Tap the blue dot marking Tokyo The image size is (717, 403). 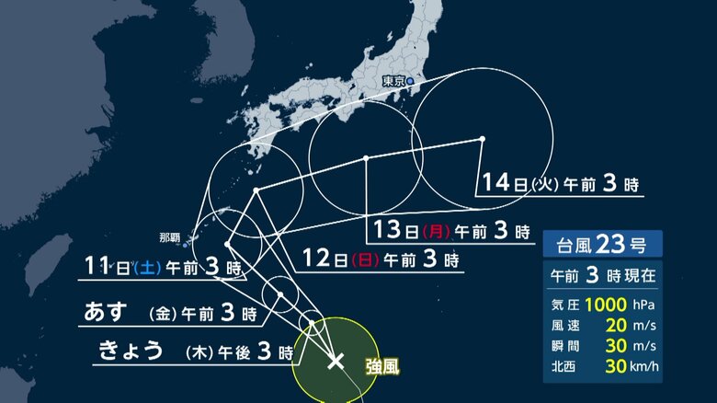click(x=411, y=82)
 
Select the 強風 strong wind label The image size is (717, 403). click(x=383, y=367)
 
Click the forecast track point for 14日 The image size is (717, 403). click(x=483, y=140)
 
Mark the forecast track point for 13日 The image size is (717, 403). click(x=366, y=158)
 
